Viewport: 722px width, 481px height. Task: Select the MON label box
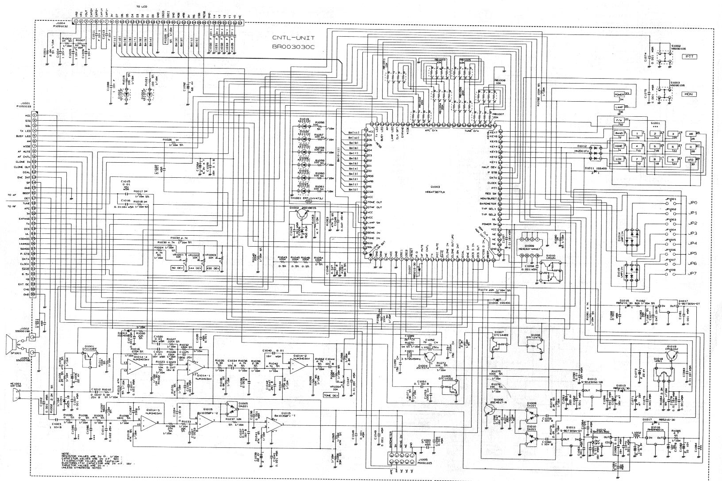click(x=688, y=94)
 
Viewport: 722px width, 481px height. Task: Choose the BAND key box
click(x=619, y=133)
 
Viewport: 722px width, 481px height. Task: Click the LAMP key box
click(x=618, y=107)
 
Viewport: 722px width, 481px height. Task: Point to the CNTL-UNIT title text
click(x=293, y=38)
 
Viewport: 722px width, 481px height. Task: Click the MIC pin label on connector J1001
click(x=27, y=115)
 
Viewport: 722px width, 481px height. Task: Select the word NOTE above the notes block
click(x=65, y=454)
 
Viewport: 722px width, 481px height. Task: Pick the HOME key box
click(x=619, y=146)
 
